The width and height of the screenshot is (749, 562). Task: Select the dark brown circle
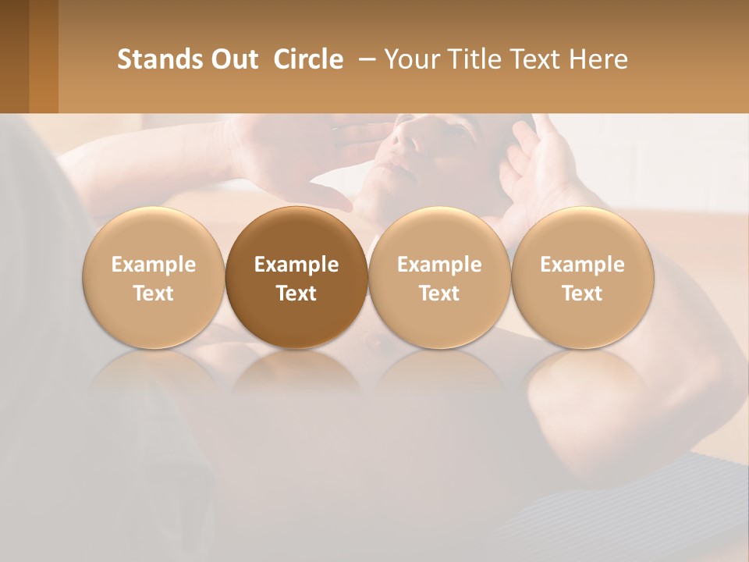pos(296,277)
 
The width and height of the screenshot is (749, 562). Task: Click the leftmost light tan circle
pos(154,277)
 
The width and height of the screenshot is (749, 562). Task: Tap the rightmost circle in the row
pos(583,277)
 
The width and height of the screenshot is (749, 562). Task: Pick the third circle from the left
pos(439,277)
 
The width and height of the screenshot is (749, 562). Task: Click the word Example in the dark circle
pos(296,265)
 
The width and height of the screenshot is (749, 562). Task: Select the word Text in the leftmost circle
pos(154,293)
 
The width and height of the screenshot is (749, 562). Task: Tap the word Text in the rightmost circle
pos(583,293)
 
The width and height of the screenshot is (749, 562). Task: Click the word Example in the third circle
pos(439,265)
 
